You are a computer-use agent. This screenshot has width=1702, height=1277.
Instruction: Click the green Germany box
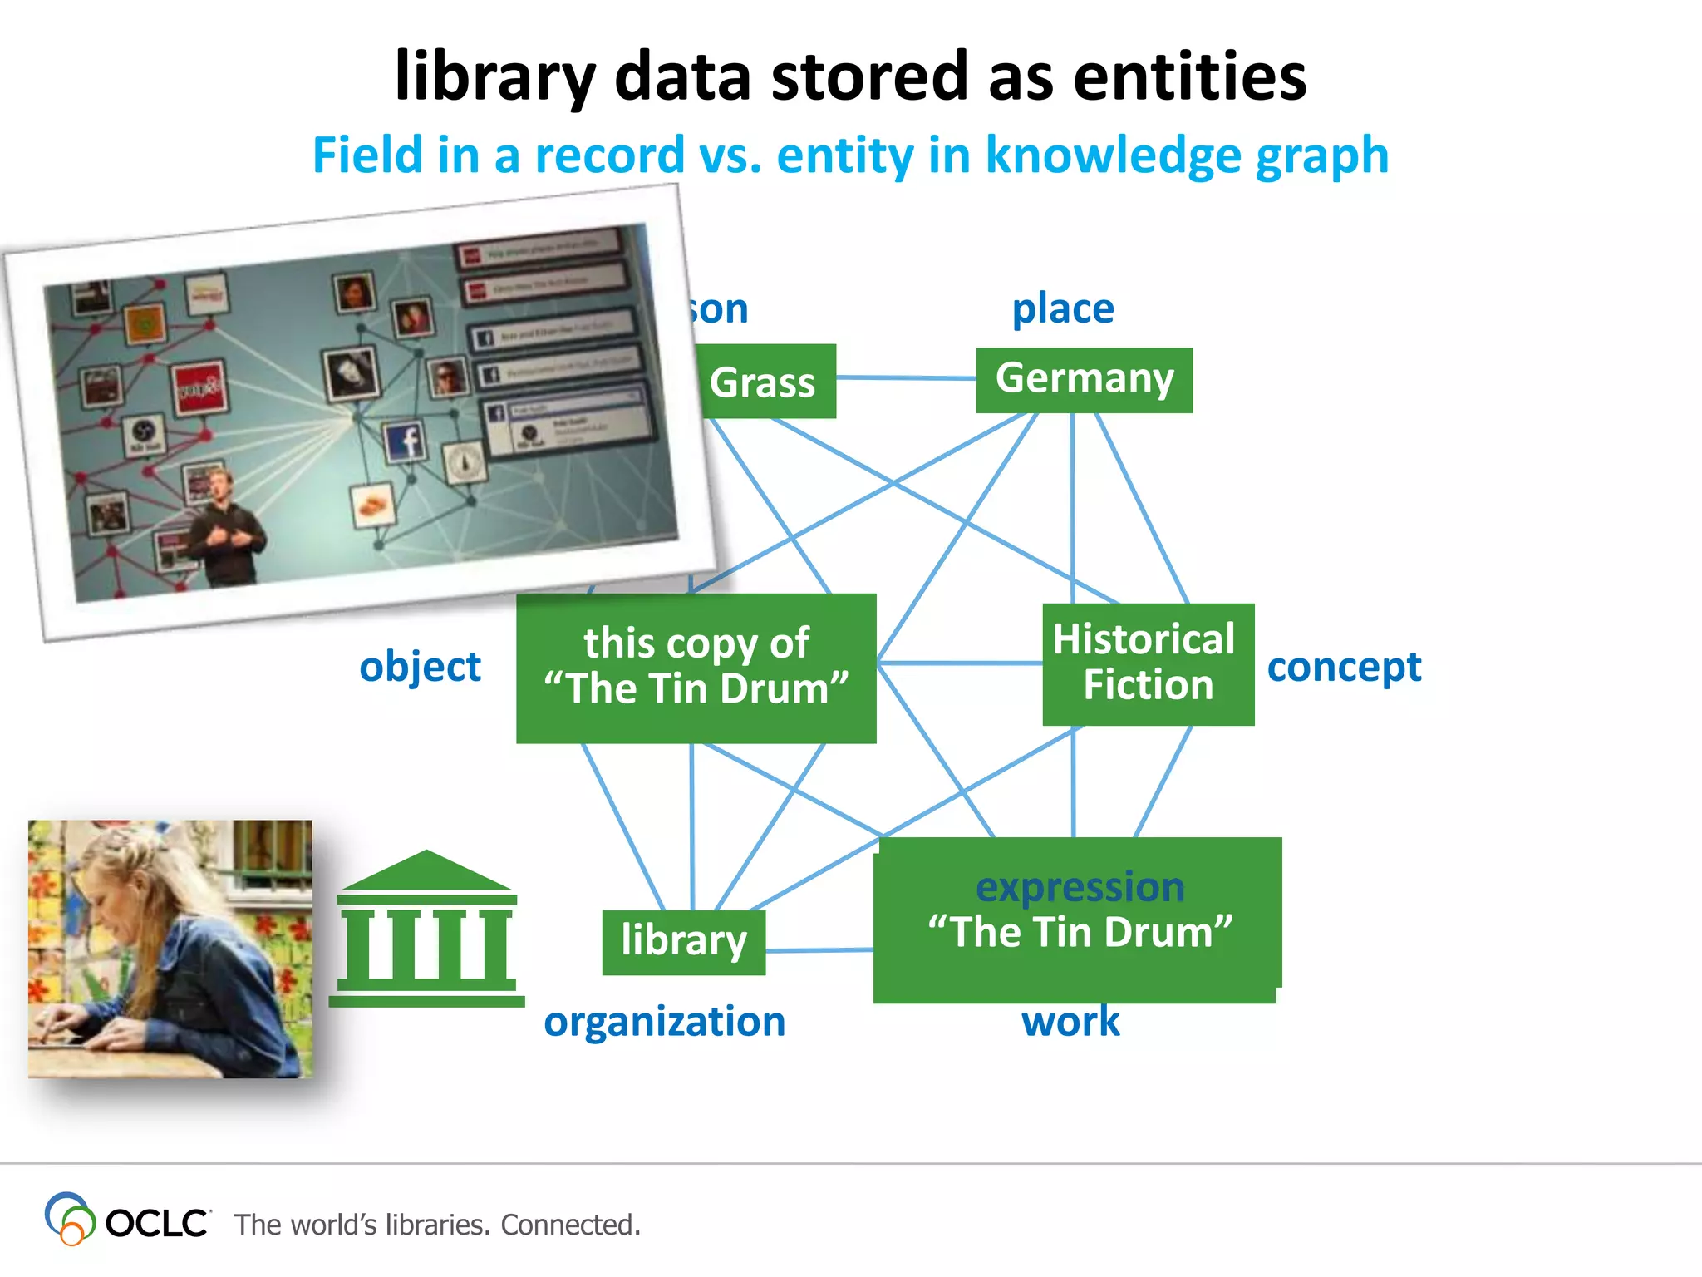click(x=1084, y=380)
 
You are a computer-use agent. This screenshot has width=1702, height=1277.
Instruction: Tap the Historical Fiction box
click(x=1148, y=663)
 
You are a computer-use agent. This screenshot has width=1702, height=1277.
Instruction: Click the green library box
click(x=683, y=942)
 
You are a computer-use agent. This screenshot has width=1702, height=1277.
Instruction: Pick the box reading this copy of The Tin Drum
click(x=696, y=668)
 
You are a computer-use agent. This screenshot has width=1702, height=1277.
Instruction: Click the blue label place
click(x=1062, y=309)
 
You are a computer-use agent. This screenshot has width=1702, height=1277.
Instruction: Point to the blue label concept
click(x=1344, y=668)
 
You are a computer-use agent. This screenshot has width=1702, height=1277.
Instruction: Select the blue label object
click(x=420, y=668)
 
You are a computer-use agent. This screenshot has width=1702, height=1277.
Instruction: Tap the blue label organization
click(x=664, y=1022)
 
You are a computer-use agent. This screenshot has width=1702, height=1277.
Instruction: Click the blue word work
click(x=1070, y=1022)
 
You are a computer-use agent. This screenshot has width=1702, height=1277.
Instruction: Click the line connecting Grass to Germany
click(x=906, y=378)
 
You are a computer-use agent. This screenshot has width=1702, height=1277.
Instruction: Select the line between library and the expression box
click(x=819, y=950)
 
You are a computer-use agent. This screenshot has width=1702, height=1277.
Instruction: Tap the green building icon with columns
click(x=426, y=931)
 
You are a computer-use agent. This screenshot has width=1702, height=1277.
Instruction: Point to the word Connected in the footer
click(x=570, y=1225)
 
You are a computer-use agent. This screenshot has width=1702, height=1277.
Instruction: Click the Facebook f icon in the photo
click(x=406, y=441)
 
